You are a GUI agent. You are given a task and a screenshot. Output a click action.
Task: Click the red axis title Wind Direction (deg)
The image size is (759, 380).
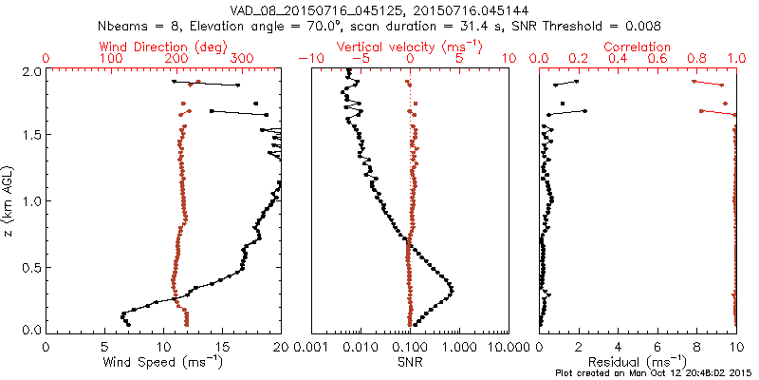164,47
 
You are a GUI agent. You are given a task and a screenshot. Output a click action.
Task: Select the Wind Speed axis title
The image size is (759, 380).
164,361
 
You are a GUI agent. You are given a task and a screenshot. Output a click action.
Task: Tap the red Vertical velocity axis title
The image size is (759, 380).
410,47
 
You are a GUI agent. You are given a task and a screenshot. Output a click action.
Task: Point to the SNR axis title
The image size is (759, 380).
410,361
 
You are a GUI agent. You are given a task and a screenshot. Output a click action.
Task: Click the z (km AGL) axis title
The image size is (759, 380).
10,200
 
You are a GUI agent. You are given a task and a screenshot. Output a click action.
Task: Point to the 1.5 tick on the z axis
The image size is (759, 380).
32,136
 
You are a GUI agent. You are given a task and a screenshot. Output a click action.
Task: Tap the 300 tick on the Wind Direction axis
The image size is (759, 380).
241,59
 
